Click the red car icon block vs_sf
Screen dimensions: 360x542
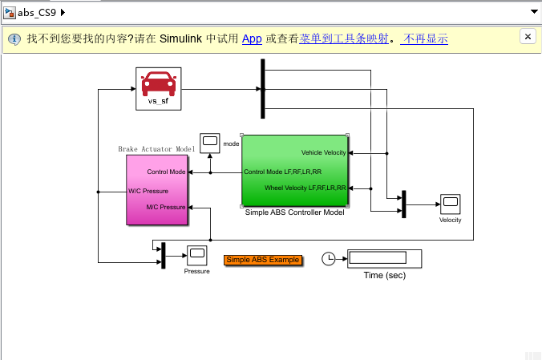pyautogui.click(x=158, y=87)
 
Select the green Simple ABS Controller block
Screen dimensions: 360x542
pyautogui.click(x=294, y=171)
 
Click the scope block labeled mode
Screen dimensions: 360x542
pyautogui.click(x=209, y=143)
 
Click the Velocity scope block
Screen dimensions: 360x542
pyautogui.click(x=449, y=204)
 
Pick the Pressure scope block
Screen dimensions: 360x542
pyautogui.click(x=196, y=256)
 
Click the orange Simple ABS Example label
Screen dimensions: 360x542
pyautogui.click(x=263, y=260)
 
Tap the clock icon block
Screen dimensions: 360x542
pyautogui.click(x=329, y=258)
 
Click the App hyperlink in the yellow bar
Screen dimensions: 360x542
pyautogui.click(x=252, y=38)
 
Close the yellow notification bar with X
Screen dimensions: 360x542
pyautogui.click(x=528, y=37)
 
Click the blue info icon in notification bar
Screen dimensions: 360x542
pyautogui.click(x=14, y=38)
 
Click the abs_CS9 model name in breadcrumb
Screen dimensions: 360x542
pyautogui.click(x=37, y=12)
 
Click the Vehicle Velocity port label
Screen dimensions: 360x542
pyautogui.click(x=323, y=152)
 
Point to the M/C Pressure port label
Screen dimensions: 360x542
pyautogui.click(x=165, y=208)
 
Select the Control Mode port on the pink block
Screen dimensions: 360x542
pyautogui.click(x=166, y=172)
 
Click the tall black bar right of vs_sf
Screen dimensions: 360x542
pyautogui.click(x=262, y=89)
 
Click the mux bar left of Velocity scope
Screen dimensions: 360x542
pyautogui.click(x=404, y=204)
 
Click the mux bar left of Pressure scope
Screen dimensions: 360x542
pyautogui.click(x=163, y=256)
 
